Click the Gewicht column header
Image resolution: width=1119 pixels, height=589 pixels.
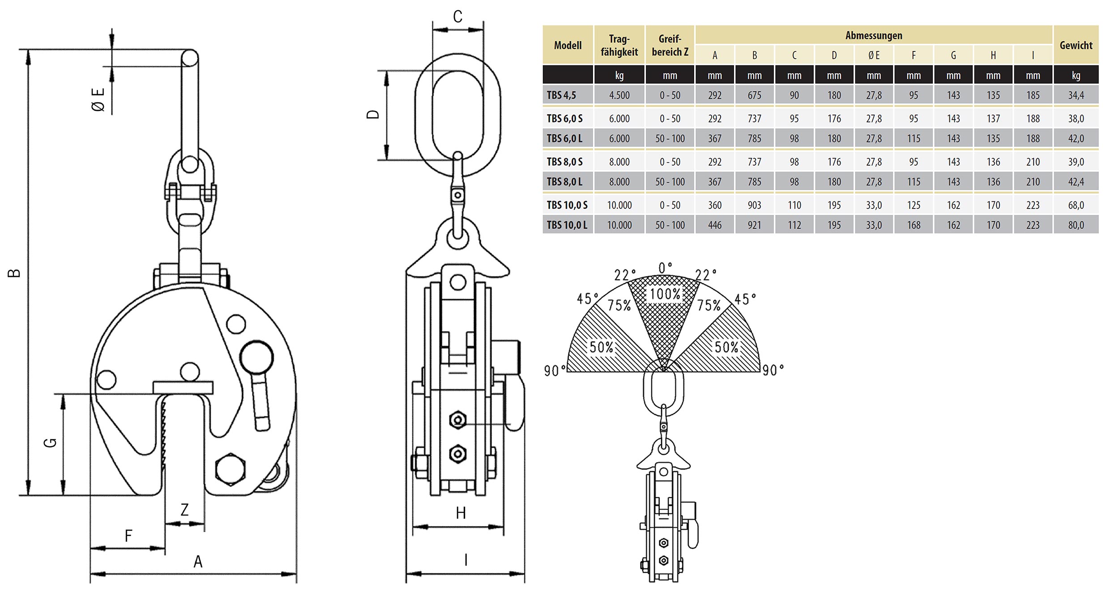[x=1076, y=45]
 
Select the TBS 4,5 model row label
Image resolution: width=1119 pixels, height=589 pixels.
[x=561, y=95]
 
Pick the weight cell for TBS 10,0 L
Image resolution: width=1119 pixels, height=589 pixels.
[x=1076, y=225]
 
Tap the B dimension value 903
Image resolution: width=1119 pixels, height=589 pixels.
[x=754, y=205]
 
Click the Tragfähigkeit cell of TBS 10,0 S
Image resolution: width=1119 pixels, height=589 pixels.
[x=619, y=205]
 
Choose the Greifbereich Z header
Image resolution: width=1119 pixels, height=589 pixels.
[x=670, y=45]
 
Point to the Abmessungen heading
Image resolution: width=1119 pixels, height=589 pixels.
[x=874, y=35]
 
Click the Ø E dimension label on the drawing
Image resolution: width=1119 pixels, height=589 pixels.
[x=98, y=99]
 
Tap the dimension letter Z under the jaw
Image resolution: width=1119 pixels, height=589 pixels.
[x=184, y=509]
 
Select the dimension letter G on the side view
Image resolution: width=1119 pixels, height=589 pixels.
[x=50, y=443]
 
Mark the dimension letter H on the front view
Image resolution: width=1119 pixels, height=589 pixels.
[x=461, y=513]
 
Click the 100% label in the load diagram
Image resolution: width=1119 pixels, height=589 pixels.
[x=665, y=294]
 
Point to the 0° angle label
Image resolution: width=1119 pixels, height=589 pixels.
[x=665, y=268]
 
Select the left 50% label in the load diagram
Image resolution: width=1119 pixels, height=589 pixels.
[x=601, y=347]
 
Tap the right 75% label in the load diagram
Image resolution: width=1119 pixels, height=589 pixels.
[x=709, y=305]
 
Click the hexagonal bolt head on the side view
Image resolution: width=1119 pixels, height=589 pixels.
[x=230, y=469]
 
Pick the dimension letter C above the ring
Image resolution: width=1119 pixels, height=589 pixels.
[x=457, y=17]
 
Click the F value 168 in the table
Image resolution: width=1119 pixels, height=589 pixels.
[x=914, y=225]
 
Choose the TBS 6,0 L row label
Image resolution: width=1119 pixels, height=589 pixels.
[x=564, y=138]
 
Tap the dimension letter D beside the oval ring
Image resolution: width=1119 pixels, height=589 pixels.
[x=373, y=114]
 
